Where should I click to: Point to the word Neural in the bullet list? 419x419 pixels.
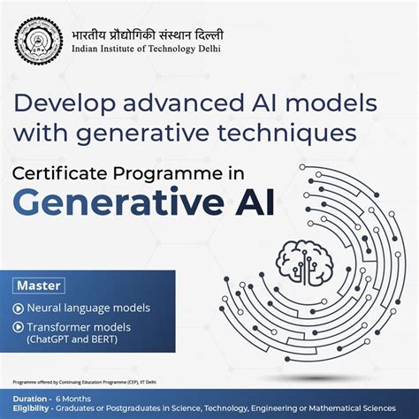[x=43, y=309]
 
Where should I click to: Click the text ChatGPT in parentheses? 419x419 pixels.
[x=50, y=340]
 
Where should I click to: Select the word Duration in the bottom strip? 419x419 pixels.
[x=29, y=398]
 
